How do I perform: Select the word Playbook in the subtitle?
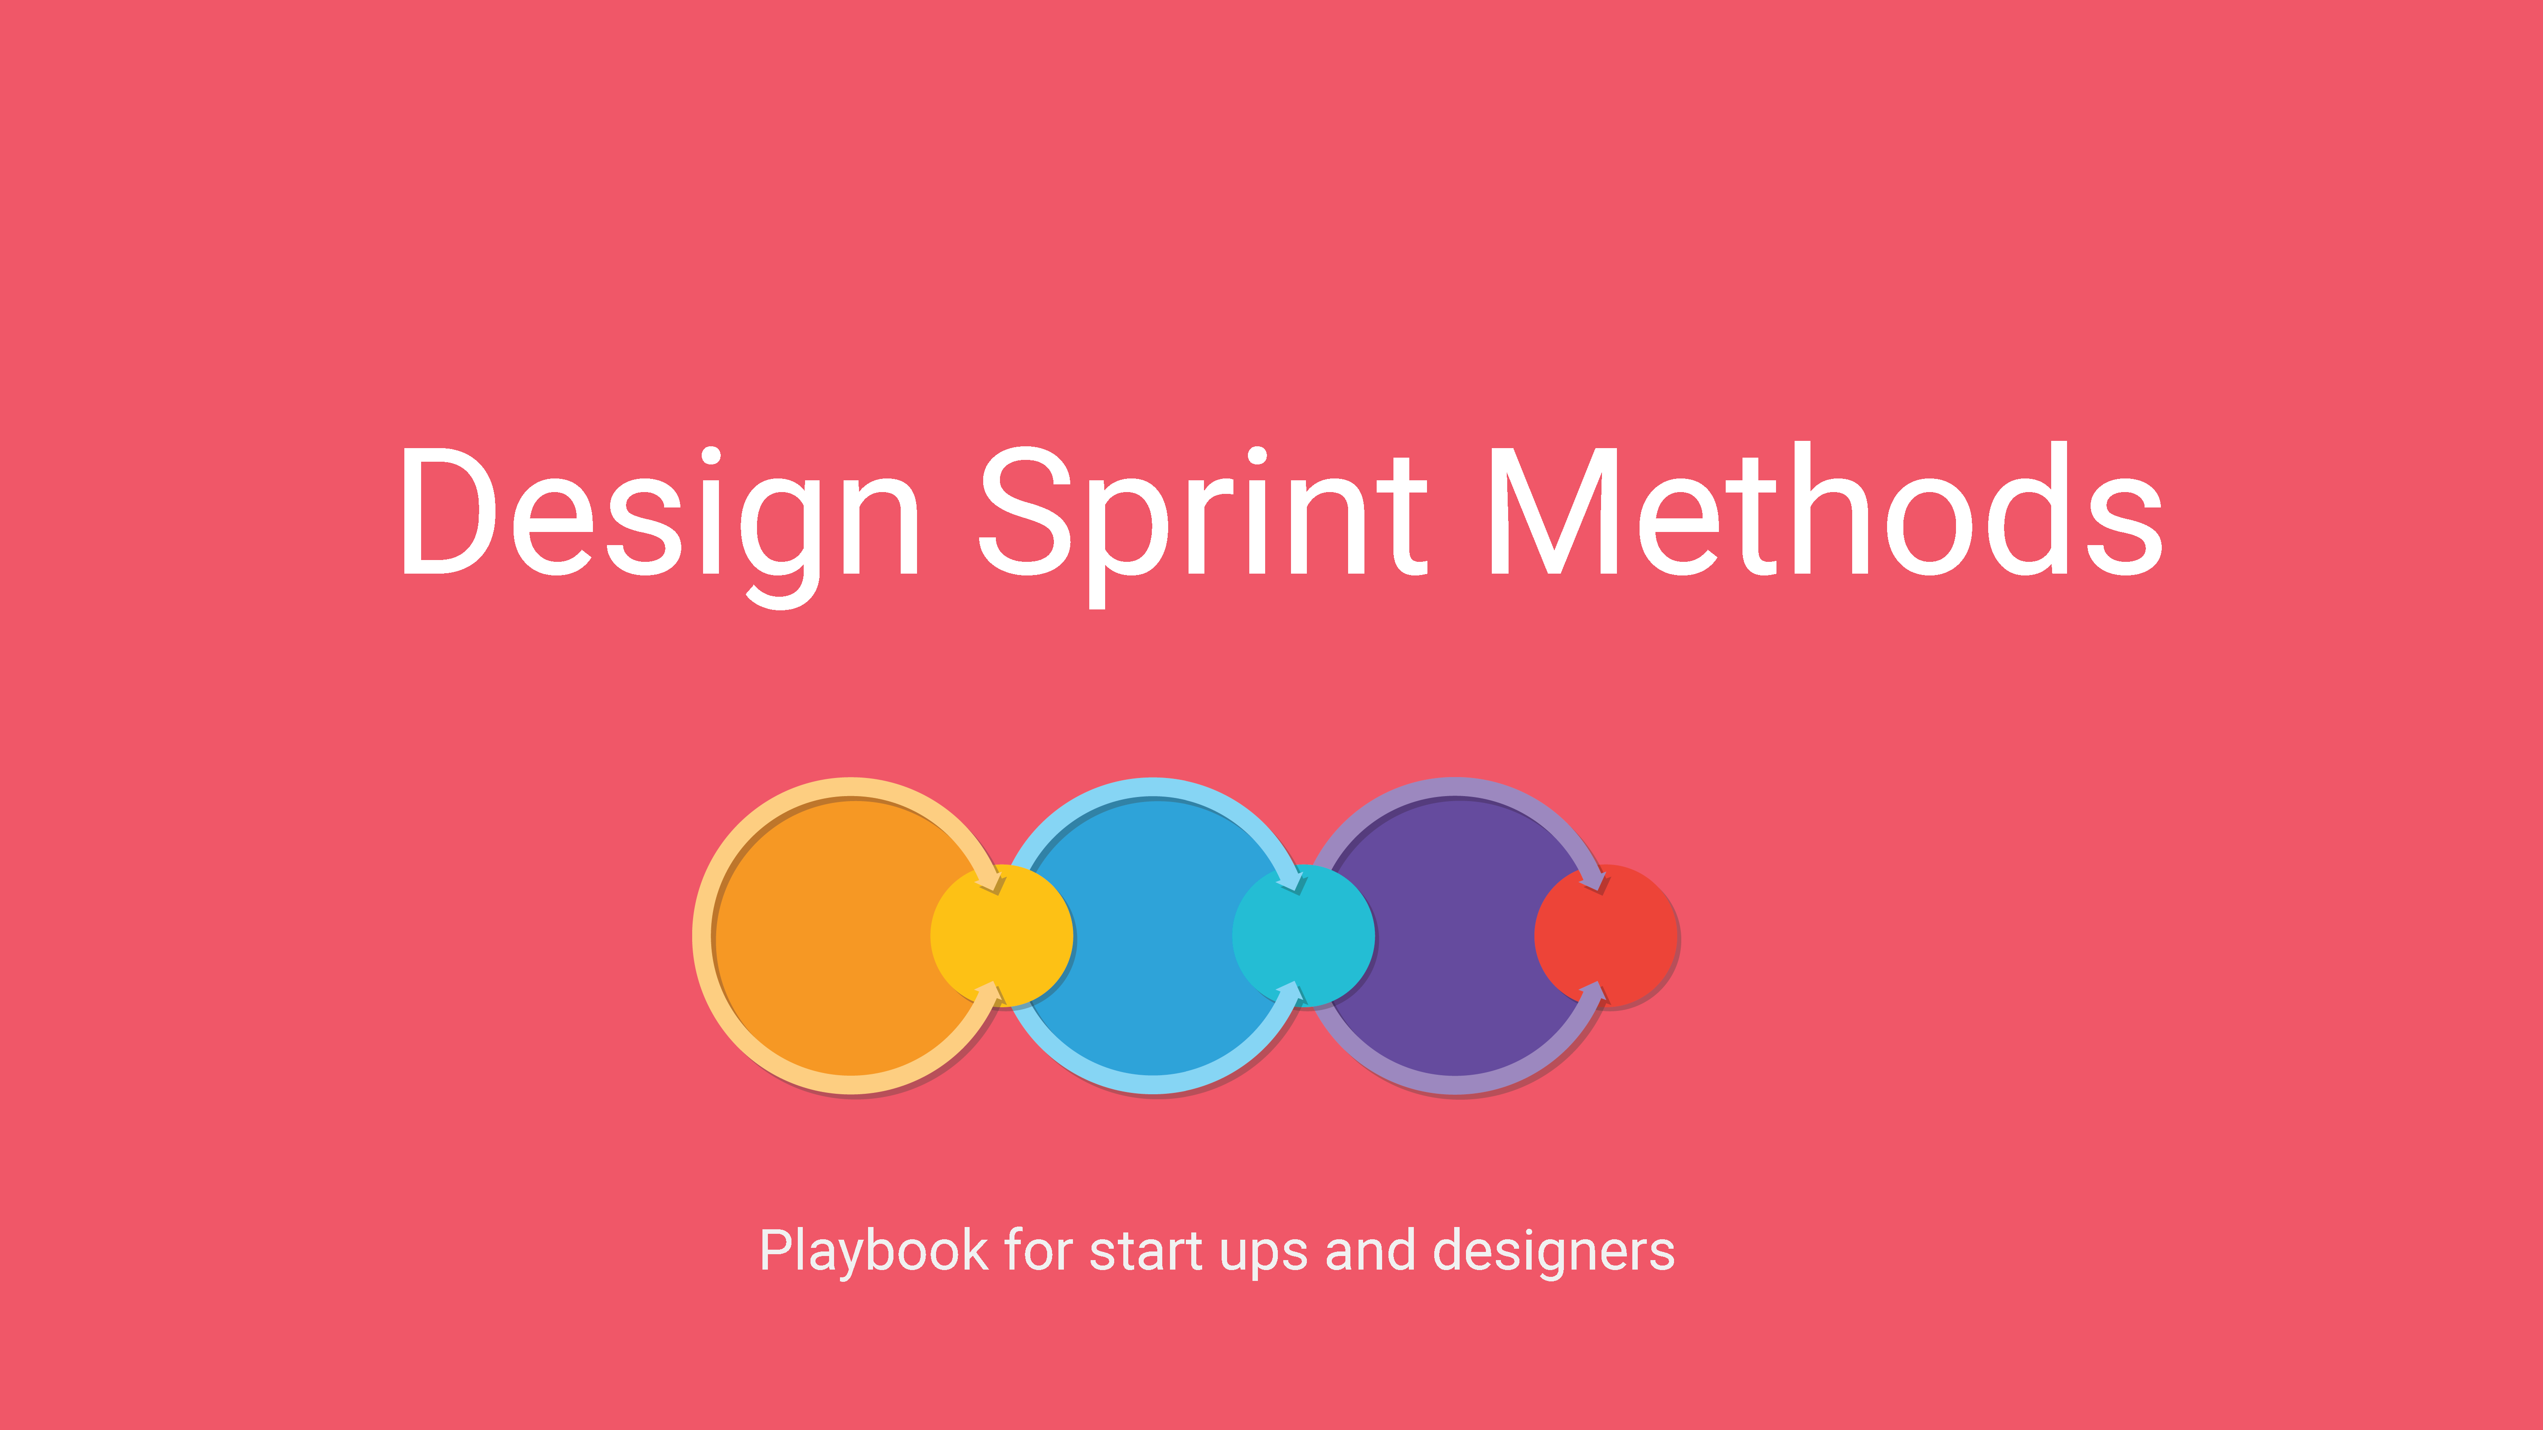click(x=874, y=1251)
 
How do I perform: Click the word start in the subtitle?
click(x=1145, y=1251)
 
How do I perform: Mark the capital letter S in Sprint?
click(x=1026, y=510)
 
